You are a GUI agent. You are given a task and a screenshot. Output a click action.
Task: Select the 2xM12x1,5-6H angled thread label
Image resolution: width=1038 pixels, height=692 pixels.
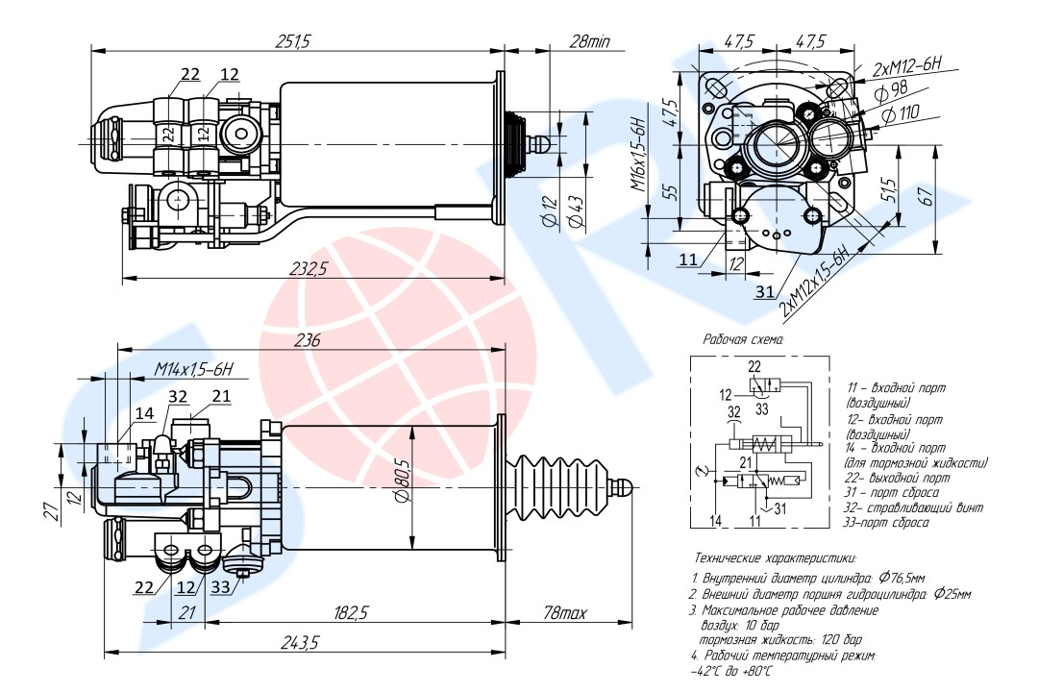814,282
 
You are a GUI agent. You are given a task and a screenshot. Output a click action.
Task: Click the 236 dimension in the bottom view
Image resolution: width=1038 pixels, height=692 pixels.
307,340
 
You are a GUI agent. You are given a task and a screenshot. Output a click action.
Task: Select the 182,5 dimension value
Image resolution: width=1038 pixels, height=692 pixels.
353,612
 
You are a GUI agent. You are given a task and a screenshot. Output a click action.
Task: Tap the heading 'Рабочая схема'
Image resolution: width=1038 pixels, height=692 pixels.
744,339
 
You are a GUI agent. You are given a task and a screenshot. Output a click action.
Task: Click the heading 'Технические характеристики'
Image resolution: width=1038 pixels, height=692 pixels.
774,557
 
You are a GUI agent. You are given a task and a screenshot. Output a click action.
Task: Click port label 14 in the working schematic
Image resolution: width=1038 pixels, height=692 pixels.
713,520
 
